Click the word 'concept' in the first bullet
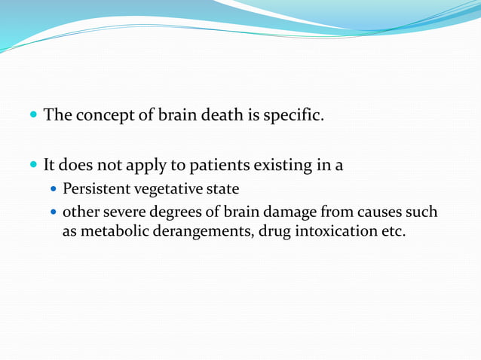(x=103, y=116)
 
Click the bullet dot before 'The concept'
(x=32, y=117)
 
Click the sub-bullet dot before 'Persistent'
(x=54, y=189)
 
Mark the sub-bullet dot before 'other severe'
(x=54, y=213)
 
